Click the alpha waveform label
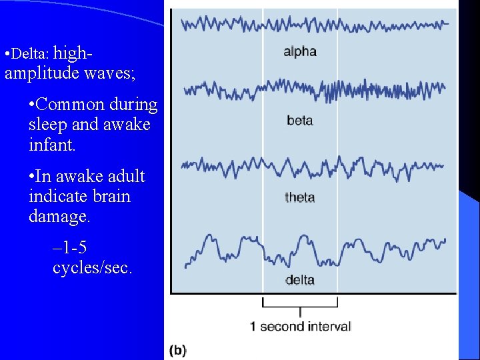pyautogui.click(x=300, y=51)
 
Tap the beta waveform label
pyautogui.click(x=300, y=121)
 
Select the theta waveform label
pyautogui.click(x=300, y=197)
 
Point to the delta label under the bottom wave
pyautogui.click(x=300, y=280)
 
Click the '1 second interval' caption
pyautogui.click(x=300, y=327)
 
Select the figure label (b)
pyautogui.click(x=178, y=350)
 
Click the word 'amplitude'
pyautogui.click(x=41, y=73)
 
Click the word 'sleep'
pyautogui.click(x=48, y=125)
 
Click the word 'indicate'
pyautogui.click(x=56, y=197)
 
